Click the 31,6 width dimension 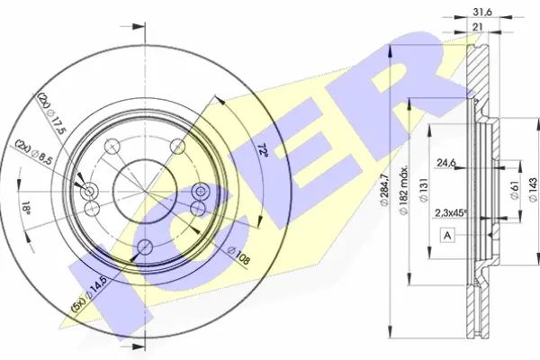click(482, 12)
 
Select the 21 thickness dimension click(477, 27)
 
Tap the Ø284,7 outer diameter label click(384, 190)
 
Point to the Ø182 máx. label click(403, 190)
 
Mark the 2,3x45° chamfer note click(451, 213)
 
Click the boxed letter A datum click(447, 236)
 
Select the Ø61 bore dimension click(515, 190)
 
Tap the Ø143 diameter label click(533, 190)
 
